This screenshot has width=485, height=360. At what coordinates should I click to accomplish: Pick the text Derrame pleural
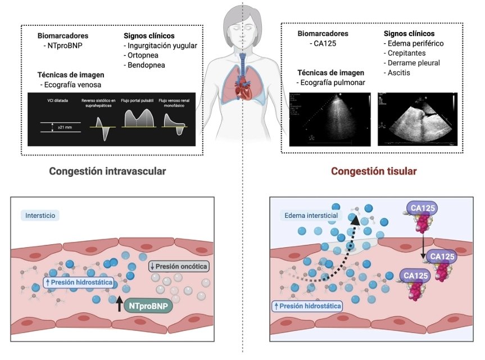[x=414, y=63]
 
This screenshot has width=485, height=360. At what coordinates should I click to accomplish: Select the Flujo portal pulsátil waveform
[x=138, y=120]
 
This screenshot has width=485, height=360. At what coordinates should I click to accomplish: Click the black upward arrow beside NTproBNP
[x=119, y=306]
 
